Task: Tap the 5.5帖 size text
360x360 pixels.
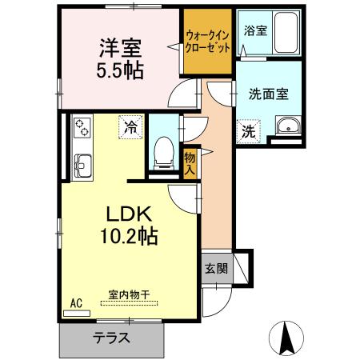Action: coord(121,70)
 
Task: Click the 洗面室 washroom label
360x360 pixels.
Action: coord(268,93)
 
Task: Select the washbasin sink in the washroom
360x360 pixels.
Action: coord(286,126)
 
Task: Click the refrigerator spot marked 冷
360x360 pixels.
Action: coord(130,126)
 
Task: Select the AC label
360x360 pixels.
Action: coord(77,302)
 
